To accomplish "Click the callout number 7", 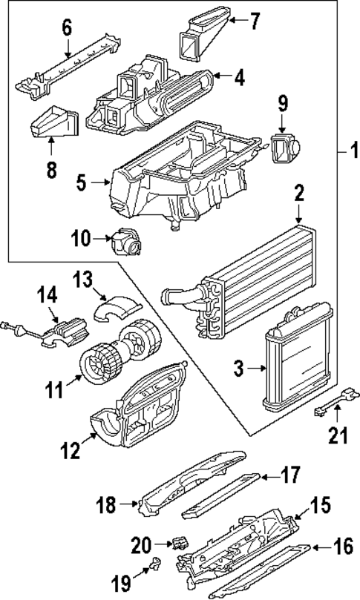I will coord(255,20).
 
